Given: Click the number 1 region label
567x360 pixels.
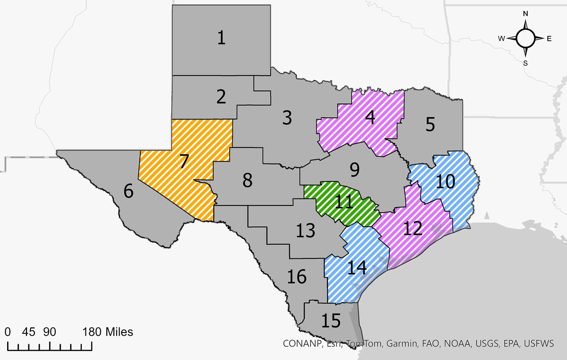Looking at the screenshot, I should (221, 37).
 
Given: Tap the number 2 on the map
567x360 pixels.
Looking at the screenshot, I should (221, 96).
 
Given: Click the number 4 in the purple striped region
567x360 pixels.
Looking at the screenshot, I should (370, 117).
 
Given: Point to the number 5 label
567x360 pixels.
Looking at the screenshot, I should (430, 124).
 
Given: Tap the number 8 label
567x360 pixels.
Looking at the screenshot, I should (247, 180).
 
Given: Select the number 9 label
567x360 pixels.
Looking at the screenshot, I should (354, 169).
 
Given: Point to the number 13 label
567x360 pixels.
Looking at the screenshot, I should (305, 231).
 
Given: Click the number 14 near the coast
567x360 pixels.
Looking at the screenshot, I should (357, 267).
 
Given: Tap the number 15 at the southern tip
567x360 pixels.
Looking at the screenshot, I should (330, 321).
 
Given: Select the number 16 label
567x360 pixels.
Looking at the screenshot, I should (297, 277).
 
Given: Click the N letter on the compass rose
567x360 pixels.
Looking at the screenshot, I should (525, 14).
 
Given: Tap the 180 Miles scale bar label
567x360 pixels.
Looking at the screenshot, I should (108, 332).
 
